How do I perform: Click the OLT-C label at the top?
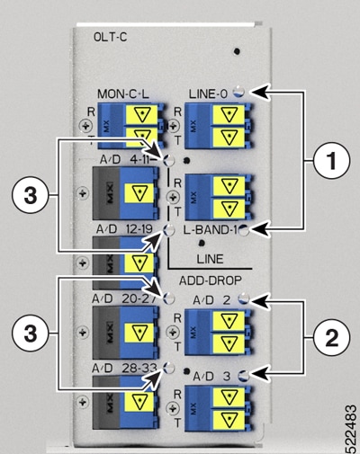[x=110, y=37]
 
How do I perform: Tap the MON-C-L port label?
[x=123, y=94]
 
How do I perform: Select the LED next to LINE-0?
[x=238, y=91]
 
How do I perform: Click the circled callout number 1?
[x=331, y=161]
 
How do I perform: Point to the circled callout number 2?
[x=331, y=338]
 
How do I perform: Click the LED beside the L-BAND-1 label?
[x=244, y=230]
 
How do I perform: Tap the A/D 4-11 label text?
[x=129, y=159]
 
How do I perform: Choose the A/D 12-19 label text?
[x=124, y=229]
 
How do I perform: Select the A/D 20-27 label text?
[x=123, y=298]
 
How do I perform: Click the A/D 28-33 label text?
[x=124, y=369]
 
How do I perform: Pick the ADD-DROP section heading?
[x=211, y=280]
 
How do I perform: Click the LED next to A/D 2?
[x=244, y=298]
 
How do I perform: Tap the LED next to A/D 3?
[x=244, y=376]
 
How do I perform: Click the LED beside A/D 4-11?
[x=168, y=160]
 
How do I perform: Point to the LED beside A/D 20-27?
[x=169, y=298]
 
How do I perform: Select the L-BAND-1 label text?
[x=211, y=230]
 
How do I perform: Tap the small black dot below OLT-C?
[x=237, y=51]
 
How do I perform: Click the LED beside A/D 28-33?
[x=169, y=368]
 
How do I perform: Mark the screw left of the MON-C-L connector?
[x=86, y=126]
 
